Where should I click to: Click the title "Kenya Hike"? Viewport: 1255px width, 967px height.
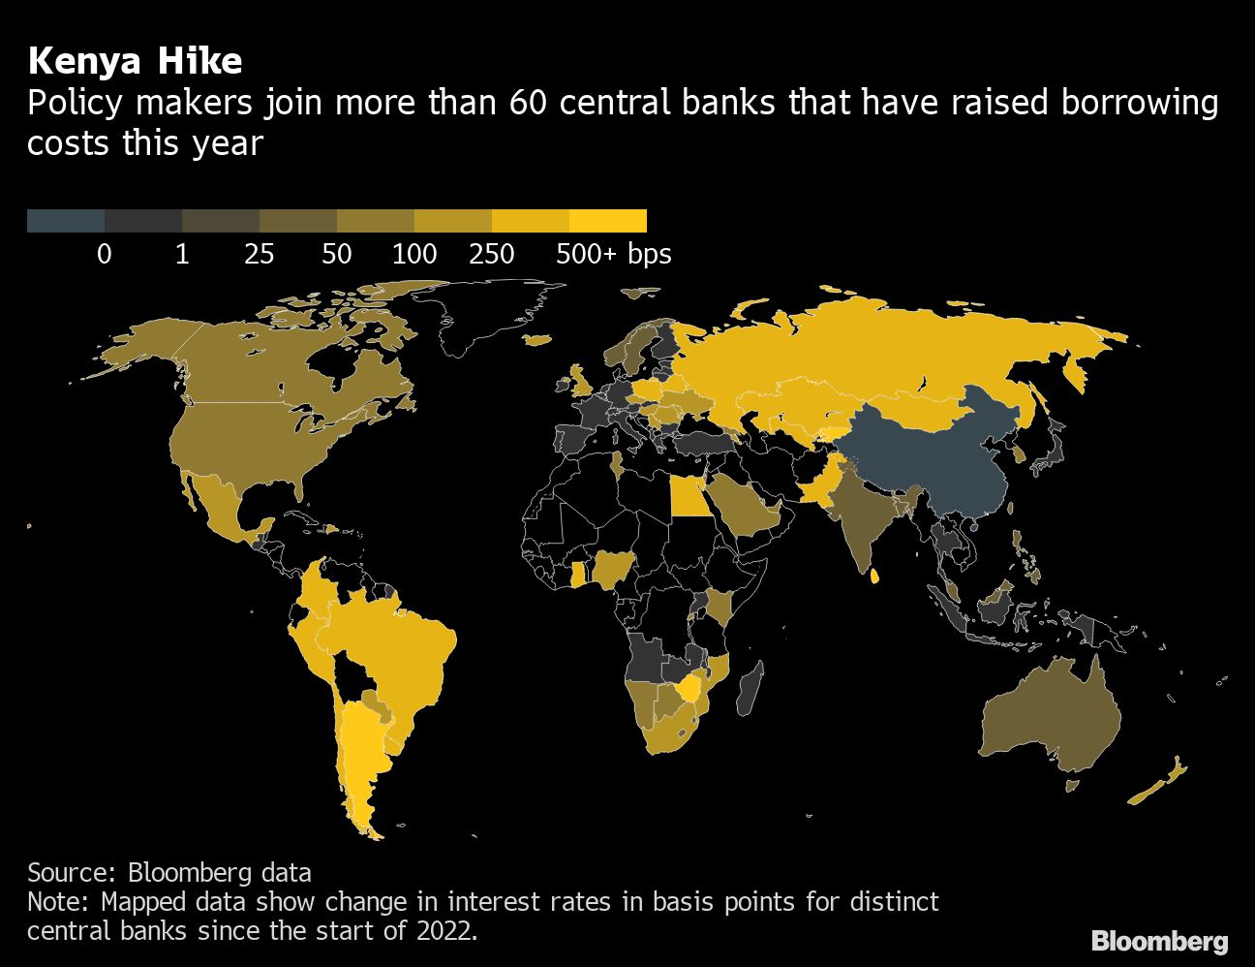tap(135, 61)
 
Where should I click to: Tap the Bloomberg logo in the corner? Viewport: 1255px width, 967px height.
tap(1159, 941)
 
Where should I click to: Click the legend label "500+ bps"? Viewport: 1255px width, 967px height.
tap(613, 254)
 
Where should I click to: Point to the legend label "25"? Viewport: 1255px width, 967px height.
tap(260, 254)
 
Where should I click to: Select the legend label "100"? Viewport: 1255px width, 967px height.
tap(414, 254)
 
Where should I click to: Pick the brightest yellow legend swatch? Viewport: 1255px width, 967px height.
tap(608, 221)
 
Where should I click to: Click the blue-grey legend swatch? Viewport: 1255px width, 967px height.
tap(66, 221)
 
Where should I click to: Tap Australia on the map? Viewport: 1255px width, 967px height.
tap(1051, 717)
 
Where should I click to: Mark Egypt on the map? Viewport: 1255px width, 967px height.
tap(689, 499)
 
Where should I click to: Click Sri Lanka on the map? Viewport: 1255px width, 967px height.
tap(875, 576)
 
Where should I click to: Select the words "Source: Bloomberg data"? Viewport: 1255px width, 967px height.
tap(169, 872)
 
